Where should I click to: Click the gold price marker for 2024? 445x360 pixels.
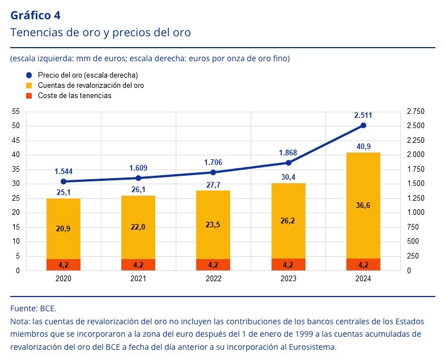pyautogui.click(x=363, y=125)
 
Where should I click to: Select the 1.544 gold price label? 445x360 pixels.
pyautogui.click(x=63, y=171)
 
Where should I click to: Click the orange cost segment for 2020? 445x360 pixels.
pyautogui.click(x=63, y=264)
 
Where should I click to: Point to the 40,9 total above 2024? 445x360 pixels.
pyautogui.click(x=363, y=146)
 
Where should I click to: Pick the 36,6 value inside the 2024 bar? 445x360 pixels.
pyautogui.click(x=363, y=206)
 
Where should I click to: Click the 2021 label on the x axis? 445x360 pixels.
pyautogui.click(x=138, y=279)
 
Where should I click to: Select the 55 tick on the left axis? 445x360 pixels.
pyautogui.click(x=15, y=112)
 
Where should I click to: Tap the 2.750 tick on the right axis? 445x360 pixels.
pyautogui.click(x=416, y=112)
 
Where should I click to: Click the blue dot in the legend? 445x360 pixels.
pyautogui.click(x=29, y=75)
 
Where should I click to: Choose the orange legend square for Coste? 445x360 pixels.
pyautogui.click(x=29, y=96)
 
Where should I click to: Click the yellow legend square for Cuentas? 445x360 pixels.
pyautogui.click(x=29, y=86)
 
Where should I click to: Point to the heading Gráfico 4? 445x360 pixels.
pyautogui.click(x=35, y=15)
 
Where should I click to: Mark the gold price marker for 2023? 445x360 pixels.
pyautogui.click(x=289, y=163)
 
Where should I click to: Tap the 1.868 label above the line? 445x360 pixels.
pyautogui.click(x=289, y=153)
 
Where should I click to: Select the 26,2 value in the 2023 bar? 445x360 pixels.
pyautogui.click(x=289, y=221)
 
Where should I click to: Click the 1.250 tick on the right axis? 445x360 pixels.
pyautogui.click(x=416, y=198)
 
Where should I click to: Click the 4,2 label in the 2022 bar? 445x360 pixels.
pyautogui.click(x=213, y=264)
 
